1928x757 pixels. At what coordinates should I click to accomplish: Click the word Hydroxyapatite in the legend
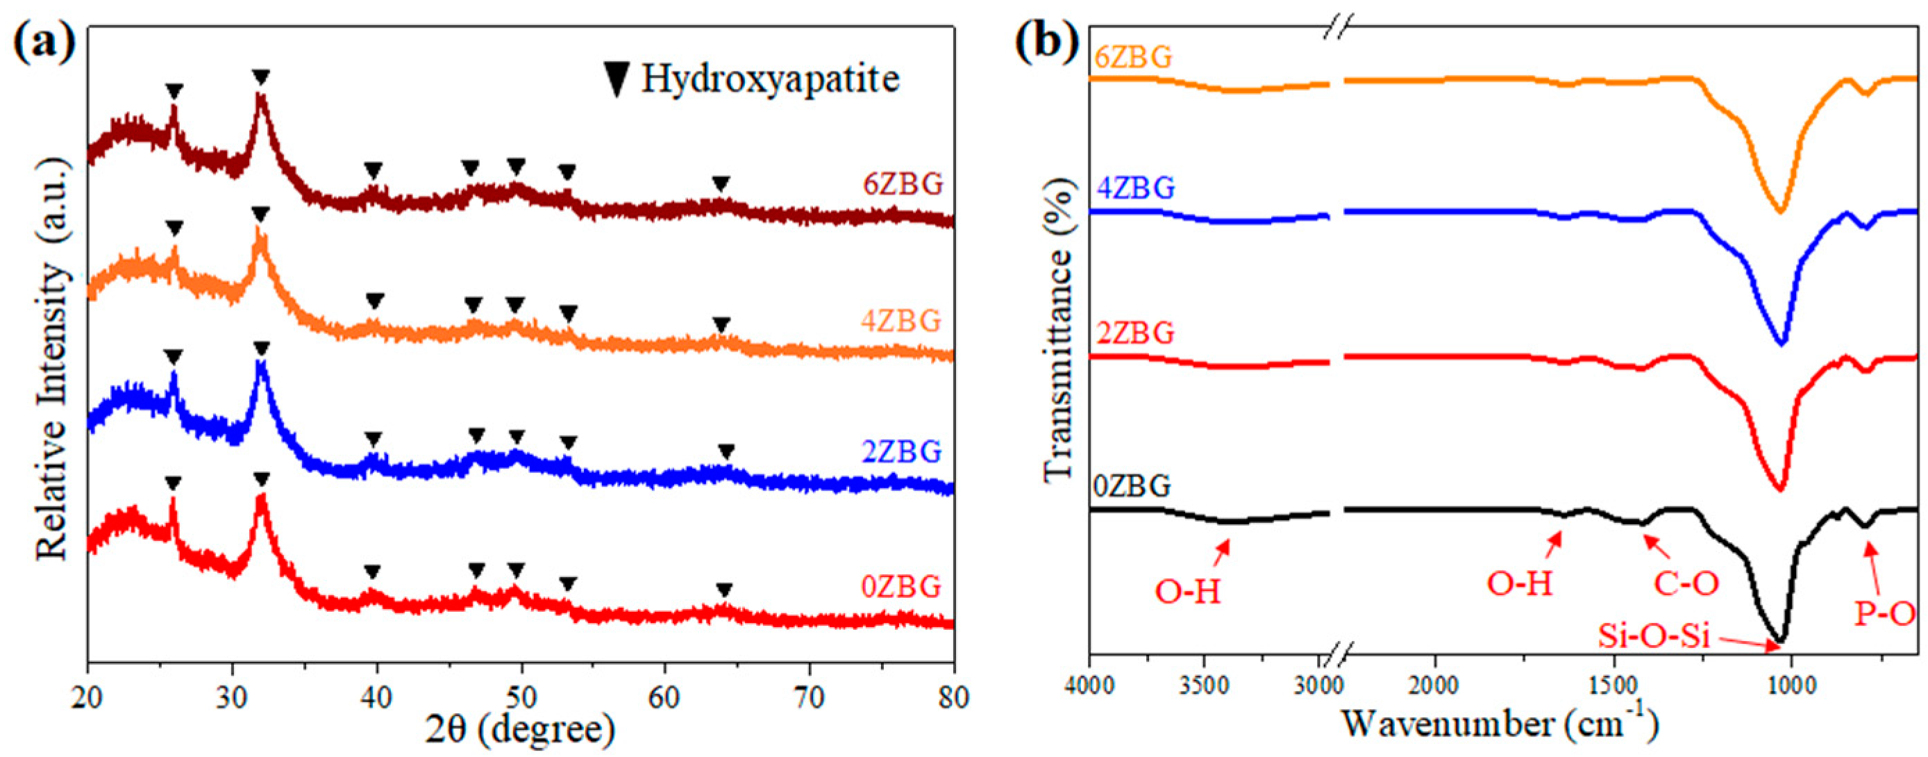(769, 78)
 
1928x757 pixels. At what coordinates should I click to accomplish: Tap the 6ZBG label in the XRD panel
(903, 184)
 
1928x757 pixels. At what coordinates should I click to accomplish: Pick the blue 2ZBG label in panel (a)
(902, 452)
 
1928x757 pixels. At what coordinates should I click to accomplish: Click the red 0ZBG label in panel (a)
(901, 587)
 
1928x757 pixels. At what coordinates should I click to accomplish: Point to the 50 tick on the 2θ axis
(521, 697)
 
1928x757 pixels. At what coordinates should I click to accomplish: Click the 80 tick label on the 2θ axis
(952, 697)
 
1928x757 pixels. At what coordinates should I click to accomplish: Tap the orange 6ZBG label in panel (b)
(1133, 57)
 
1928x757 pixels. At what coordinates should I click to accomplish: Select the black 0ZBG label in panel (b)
(1132, 487)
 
